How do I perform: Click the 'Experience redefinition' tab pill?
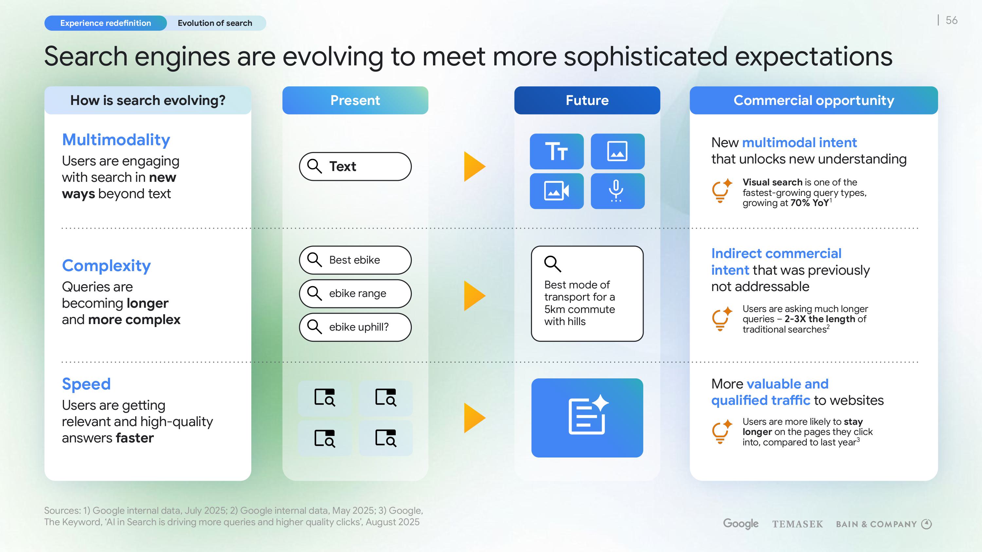106,23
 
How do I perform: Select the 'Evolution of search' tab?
215,23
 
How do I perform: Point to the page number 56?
952,20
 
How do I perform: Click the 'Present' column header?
355,100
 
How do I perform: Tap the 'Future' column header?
587,100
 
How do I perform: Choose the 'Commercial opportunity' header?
814,100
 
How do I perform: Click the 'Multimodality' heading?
116,140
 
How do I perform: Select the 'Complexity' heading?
106,266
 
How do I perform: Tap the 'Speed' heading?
86,384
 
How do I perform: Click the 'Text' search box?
355,166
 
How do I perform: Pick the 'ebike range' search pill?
355,293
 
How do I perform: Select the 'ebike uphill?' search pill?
355,327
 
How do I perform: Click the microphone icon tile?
618,191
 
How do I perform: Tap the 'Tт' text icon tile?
556,151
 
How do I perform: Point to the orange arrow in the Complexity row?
475,296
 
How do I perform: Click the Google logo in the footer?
741,524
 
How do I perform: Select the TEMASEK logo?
797,524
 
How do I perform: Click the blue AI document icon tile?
587,418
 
